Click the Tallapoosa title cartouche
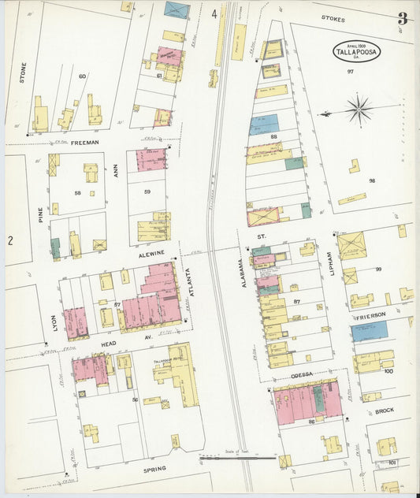pos(356,51)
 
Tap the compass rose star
pos(359,110)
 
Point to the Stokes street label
pos(334,17)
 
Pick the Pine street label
pos(40,214)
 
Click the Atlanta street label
pos(188,282)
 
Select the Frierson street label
pos(370,314)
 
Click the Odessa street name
pos(300,373)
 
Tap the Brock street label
pos(384,411)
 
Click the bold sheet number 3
pos(402,18)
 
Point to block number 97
pos(351,72)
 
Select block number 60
pos(82,76)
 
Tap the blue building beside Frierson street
pos(369,330)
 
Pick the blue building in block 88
pos(264,125)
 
